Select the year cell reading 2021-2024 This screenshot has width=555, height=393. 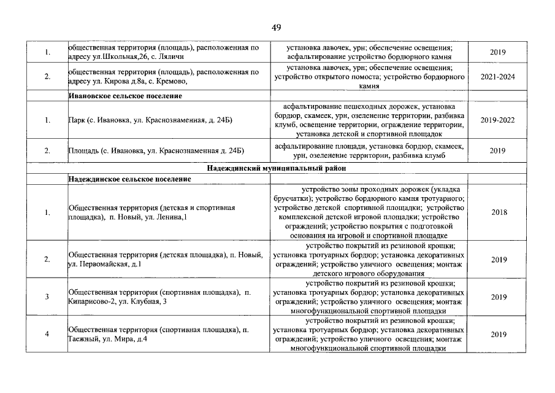point(497,77)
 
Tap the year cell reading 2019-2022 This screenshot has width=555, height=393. point(497,120)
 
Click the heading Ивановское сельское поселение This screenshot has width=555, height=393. point(125,96)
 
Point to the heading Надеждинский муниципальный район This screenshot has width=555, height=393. point(277,168)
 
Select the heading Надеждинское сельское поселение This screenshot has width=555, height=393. point(129,179)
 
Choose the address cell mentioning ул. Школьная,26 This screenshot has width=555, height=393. point(163,52)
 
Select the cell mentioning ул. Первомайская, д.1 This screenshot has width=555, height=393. point(166,259)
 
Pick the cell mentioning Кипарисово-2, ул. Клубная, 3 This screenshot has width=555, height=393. point(159,297)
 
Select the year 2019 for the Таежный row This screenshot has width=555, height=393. point(498,335)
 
